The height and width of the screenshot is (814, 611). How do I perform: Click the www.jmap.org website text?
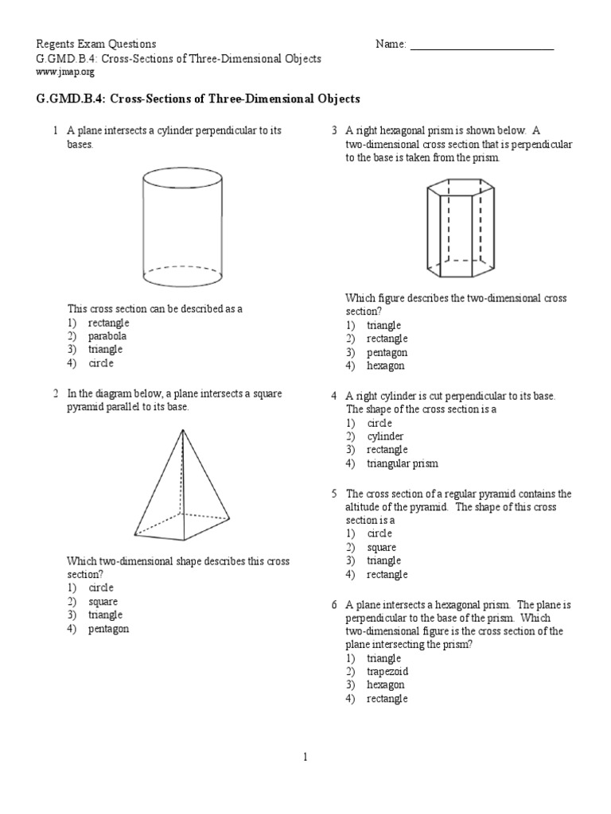(x=66, y=72)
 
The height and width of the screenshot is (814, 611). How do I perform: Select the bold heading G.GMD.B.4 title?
(x=199, y=99)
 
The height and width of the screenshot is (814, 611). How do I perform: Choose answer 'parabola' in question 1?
(x=107, y=336)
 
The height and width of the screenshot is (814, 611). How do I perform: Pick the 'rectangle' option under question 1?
(x=108, y=323)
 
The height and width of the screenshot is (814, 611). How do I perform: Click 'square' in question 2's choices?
(x=103, y=602)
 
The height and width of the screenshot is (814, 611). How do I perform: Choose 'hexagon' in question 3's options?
(x=385, y=366)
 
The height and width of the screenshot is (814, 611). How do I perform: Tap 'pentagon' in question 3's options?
(x=387, y=352)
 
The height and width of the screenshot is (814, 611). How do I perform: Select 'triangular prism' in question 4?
(x=402, y=463)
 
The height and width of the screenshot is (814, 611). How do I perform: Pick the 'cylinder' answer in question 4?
(x=385, y=436)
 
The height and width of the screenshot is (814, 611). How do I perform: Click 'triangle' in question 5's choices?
(x=383, y=560)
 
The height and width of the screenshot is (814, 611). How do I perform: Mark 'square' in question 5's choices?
(x=381, y=547)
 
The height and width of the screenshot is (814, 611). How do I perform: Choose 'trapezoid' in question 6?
(x=387, y=672)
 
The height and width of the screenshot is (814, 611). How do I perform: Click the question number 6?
(x=335, y=605)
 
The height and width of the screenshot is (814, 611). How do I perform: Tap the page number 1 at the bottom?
(x=305, y=758)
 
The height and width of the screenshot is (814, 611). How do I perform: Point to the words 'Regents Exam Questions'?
(x=97, y=45)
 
